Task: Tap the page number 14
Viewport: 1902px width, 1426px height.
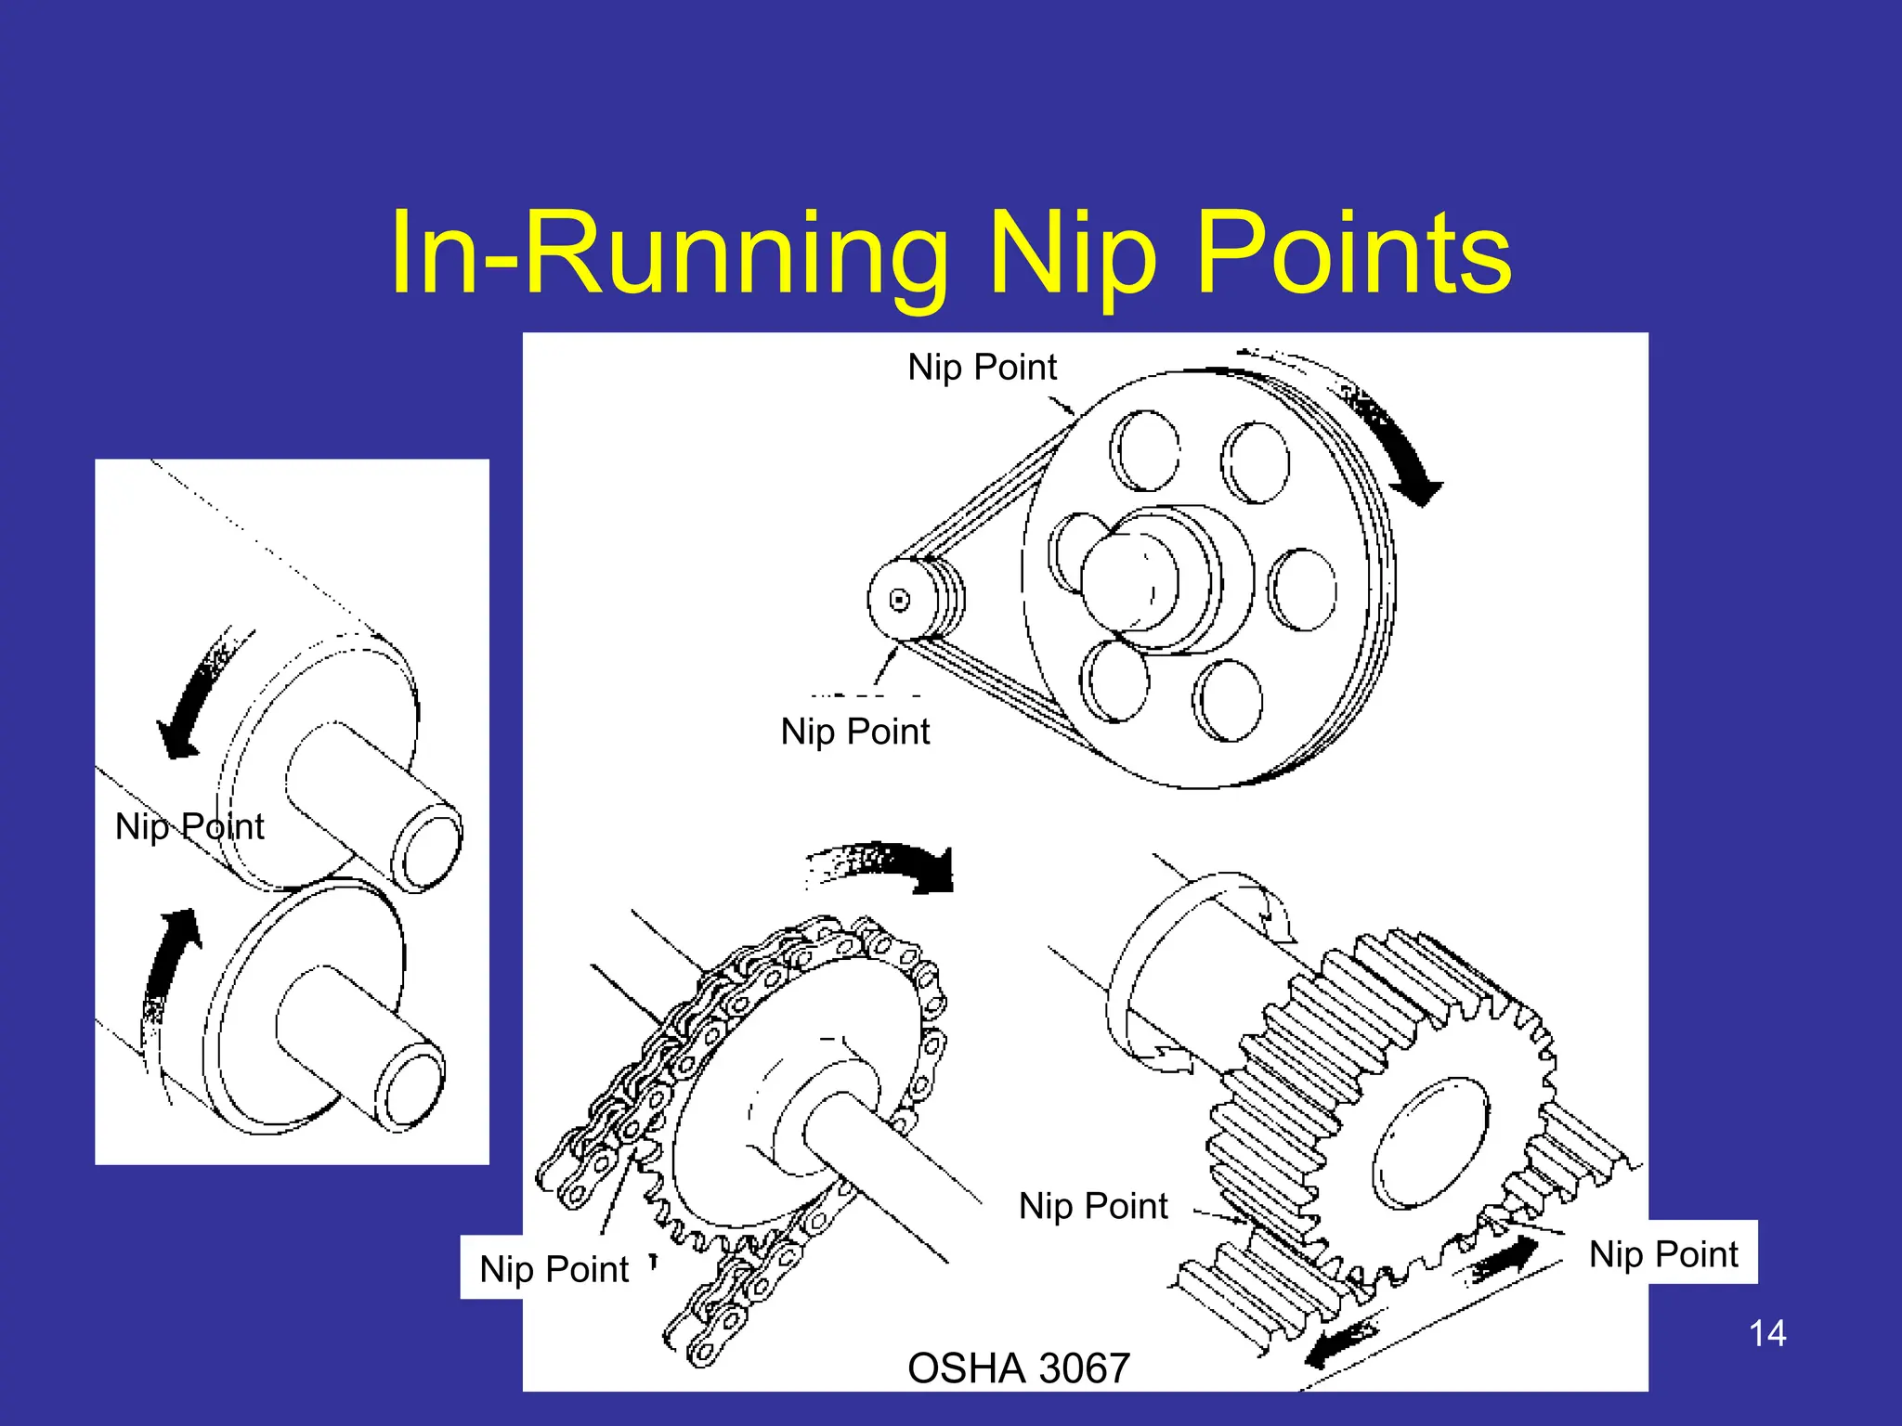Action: click(1766, 1333)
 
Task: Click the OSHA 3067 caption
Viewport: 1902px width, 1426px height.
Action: click(1018, 1368)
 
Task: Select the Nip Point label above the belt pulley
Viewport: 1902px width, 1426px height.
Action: click(982, 367)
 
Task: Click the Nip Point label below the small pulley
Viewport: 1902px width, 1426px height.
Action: click(854, 732)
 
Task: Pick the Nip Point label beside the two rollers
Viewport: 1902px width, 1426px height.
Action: click(189, 825)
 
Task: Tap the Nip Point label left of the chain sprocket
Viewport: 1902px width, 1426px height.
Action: click(554, 1268)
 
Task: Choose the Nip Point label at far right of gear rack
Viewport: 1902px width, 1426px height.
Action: click(1662, 1253)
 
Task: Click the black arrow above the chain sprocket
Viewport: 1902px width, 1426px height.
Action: click(892, 863)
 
